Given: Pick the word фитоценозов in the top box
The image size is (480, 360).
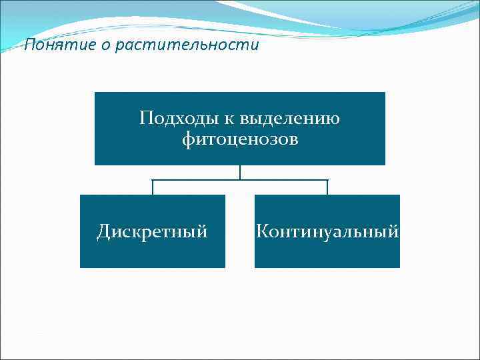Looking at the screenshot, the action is pyautogui.click(x=240, y=140).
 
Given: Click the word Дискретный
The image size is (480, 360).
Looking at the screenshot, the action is pyautogui.click(x=153, y=231).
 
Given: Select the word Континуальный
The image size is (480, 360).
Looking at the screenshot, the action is pyautogui.click(x=327, y=231).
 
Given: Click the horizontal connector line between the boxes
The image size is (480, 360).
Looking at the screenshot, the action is pyautogui.click(x=240, y=180).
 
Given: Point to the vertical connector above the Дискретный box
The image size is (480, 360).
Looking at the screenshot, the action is pyautogui.click(x=153, y=187).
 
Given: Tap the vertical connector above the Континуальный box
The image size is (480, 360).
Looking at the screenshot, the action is pyautogui.click(x=327, y=187).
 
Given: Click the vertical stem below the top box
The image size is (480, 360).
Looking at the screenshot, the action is pyautogui.click(x=240, y=172).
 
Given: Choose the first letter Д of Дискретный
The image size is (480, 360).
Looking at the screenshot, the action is pyautogui.click(x=103, y=231).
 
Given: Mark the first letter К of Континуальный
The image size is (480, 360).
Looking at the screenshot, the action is pyautogui.click(x=262, y=231).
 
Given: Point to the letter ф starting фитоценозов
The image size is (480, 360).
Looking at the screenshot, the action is pyautogui.click(x=188, y=140).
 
